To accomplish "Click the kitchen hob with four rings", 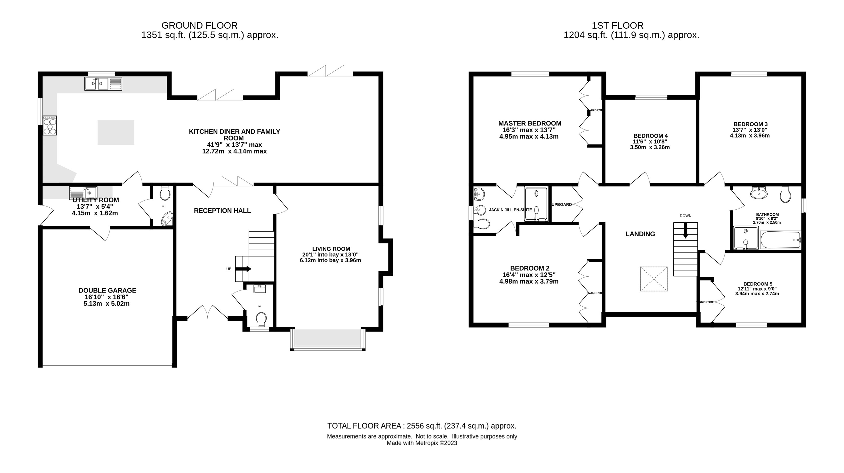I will click(50, 125).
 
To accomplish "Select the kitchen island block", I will click(116, 132).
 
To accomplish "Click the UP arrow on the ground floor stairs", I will click(243, 269).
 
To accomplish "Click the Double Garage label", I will click(107, 291).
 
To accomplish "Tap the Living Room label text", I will click(331, 249).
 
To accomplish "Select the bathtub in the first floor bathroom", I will click(780, 240).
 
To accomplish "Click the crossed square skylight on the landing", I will click(654, 279).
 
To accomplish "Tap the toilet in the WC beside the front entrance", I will click(261, 319).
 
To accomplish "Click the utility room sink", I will click(83, 193).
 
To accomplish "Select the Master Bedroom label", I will click(529, 124).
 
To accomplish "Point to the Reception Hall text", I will click(222, 211).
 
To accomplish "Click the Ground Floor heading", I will click(199, 25).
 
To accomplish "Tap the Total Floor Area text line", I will click(422, 426).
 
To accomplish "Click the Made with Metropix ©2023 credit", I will click(422, 443).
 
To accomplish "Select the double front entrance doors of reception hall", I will click(207, 312).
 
